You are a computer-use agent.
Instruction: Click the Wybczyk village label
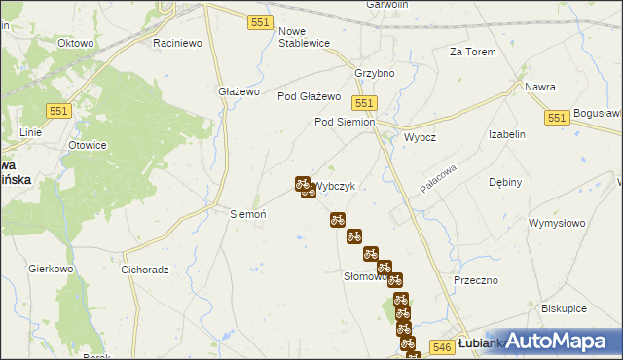(339, 187)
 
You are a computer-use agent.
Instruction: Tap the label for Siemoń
(246, 213)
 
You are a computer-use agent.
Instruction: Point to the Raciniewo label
(177, 43)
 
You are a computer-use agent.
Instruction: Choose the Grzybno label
(375, 73)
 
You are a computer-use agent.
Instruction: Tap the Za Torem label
(472, 52)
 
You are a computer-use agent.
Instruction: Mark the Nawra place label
(540, 87)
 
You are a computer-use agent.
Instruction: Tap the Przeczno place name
(476, 279)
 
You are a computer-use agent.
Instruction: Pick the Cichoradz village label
(145, 270)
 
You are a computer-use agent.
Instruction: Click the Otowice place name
(87, 145)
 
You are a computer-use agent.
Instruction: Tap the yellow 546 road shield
(441, 345)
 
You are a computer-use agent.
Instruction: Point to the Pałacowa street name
(438, 177)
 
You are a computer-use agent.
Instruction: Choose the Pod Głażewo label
(309, 96)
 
